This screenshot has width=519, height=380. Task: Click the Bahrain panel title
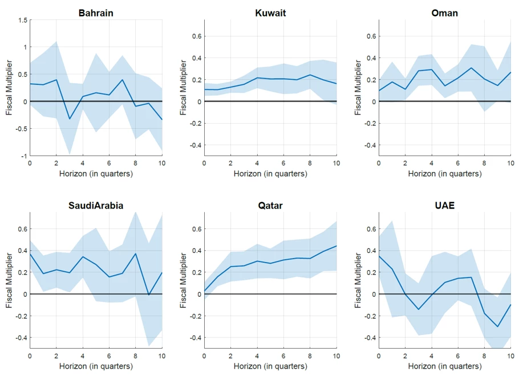96,13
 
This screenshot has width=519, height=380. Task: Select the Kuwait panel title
270,13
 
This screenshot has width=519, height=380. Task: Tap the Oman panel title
445,13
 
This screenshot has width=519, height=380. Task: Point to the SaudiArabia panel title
96,206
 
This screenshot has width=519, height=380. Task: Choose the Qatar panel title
270,206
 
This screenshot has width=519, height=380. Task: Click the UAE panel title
445,206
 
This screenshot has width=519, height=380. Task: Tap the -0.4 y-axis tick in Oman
370,145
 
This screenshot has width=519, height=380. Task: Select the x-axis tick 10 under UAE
511,356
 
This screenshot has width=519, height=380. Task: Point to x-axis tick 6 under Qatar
283,356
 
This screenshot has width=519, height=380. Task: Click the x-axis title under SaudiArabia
96,366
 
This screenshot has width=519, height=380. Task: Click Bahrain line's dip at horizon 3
70,119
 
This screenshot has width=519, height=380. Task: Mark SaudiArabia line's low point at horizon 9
149,295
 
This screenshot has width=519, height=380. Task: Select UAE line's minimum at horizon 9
498,326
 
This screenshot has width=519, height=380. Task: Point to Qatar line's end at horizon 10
336,246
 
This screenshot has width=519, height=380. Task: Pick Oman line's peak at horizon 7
472,68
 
